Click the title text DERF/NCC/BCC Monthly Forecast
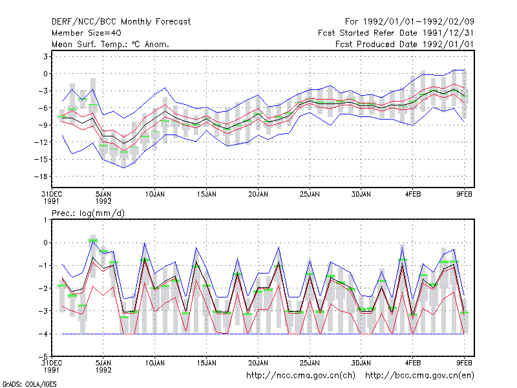[x=121, y=22]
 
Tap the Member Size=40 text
[x=87, y=33]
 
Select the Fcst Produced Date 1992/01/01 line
[x=405, y=44]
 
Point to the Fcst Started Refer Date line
[x=396, y=33]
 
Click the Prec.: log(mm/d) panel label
[x=88, y=213]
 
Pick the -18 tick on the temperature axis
[x=41, y=177]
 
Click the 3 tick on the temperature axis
[x=45, y=56]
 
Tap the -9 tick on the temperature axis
[x=43, y=125]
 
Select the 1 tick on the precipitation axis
[x=45, y=220]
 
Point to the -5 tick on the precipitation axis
[x=43, y=356]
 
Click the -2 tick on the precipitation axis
[x=43, y=288]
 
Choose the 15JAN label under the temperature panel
[x=206, y=195]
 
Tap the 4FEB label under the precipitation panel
[x=412, y=363]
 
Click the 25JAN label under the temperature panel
[x=310, y=195]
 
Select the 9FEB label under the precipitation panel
[x=464, y=363]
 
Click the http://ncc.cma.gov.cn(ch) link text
[x=301, y=376]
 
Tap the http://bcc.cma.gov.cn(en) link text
[x=419, y=376]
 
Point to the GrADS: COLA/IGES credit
[x=29, y=384]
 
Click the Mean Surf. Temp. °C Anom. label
[x=111, y=44]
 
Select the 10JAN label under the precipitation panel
[x=154, y=363]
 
